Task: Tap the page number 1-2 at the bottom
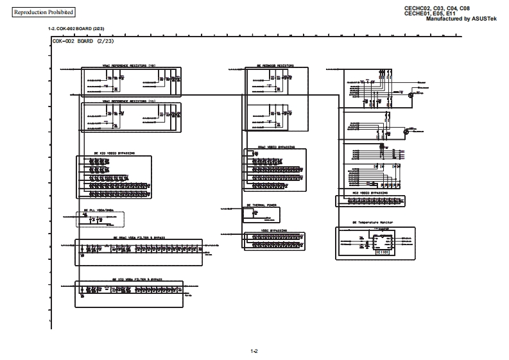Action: (254, 351)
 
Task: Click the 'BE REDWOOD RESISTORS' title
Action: (275, 65)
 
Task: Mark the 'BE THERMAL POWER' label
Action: (261, 205)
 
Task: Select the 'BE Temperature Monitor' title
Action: (372, 223)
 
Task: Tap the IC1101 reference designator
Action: (383, 253)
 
